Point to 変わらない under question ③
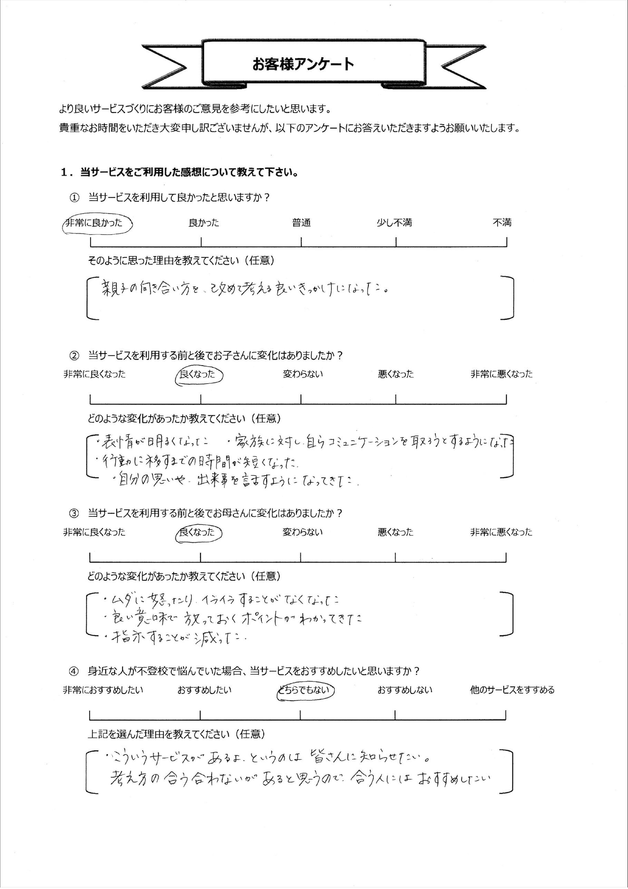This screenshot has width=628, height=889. (302, 532)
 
